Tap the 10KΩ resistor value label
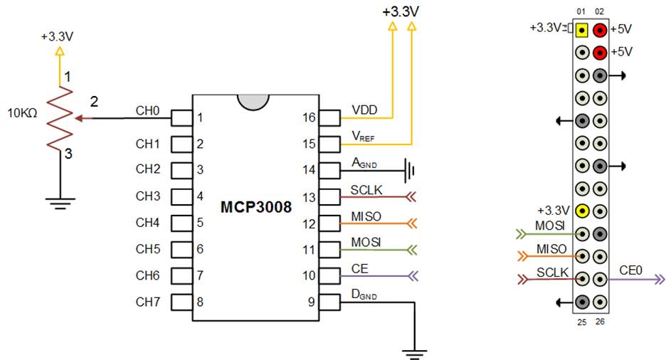point(23,112)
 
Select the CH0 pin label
point(147,110)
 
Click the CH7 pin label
point(147,302)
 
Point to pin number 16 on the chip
point(309,117)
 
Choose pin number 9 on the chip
point(311,302)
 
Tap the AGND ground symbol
point(409,170)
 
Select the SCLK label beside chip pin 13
point(366,190)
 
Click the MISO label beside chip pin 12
point(366,216)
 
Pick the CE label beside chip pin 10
point(359,269)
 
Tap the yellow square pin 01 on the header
point(582,30)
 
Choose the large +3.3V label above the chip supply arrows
point(401,12)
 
